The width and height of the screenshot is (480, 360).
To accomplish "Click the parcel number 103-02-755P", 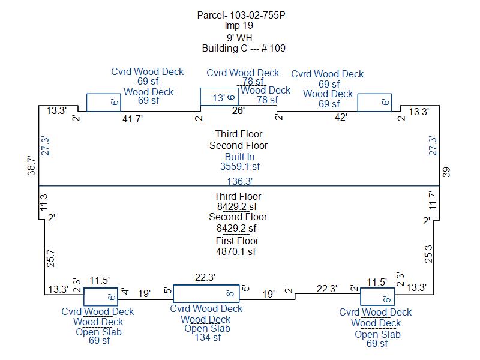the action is (x=257, y=15).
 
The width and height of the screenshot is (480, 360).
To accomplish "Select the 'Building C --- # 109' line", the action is (x=244, y=48).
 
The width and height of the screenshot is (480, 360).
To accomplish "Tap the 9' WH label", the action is (x=239, y=38).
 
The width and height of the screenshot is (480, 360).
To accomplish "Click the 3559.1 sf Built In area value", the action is (x=240, y=167).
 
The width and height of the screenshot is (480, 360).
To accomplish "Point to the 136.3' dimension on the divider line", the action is (x=239, y=181).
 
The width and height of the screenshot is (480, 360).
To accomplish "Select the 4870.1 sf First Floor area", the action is (x=236, y=251).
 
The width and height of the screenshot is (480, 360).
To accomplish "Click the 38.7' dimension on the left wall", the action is (x=32, y=166).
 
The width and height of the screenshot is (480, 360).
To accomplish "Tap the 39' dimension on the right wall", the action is (x=446, y=172).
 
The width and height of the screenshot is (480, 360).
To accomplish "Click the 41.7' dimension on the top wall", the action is (x=133, y=119).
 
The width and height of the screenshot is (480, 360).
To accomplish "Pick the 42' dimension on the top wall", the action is (x=341, y=117).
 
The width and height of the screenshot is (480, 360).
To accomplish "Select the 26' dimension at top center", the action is (x=238, y=110).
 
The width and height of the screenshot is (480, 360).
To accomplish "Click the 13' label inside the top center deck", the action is (x=219, y=98).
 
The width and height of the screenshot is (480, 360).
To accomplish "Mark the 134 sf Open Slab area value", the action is (x=208, y=338).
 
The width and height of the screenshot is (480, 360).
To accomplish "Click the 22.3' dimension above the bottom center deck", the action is (x=205, y=277).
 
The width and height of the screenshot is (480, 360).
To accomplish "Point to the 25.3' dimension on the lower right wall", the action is (x=428, y=253).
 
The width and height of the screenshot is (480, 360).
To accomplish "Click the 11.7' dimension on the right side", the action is (x=433, y=200).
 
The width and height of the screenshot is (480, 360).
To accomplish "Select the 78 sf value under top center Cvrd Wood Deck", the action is (x=253, y=82).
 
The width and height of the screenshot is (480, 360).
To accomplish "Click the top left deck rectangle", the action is (x=104, y=94).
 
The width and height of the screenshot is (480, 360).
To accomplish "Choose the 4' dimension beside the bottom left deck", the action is (x=125, y=292).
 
